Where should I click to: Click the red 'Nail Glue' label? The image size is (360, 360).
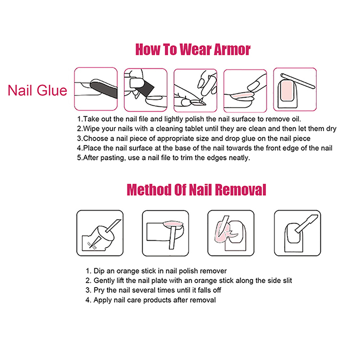[x=37, y=90]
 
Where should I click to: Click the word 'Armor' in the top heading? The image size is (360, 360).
[x=232, y=49]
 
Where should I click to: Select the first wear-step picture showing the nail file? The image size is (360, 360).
[x=96, y=89]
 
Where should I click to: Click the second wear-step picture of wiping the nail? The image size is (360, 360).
[x=145, y=90]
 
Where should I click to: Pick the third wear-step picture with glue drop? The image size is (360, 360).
[x=195, y=90]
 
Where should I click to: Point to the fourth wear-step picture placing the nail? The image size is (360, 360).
[x=245, y=91]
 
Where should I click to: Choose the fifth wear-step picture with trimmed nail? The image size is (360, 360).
[x=295, y=89]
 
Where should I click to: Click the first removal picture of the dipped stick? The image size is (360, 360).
[x=100, y=233]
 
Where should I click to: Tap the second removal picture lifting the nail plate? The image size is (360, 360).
[x=166, y=233]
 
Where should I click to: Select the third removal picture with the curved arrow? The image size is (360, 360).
[x=231, y=233]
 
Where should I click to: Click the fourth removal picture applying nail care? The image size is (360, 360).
[x=297, y=233]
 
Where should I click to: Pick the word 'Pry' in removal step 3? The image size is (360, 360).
[x=99, y=290]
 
